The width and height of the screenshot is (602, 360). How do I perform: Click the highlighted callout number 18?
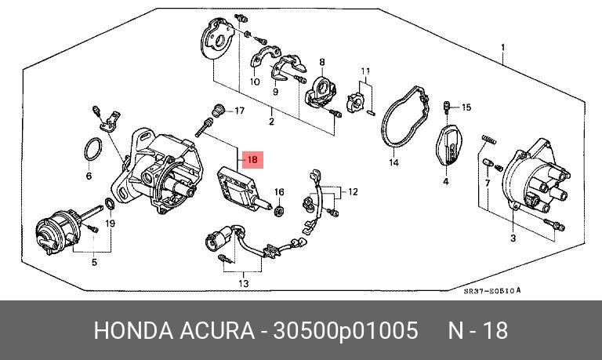click(x=252, y=160)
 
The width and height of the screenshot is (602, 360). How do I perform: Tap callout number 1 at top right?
click(x=502, y=46)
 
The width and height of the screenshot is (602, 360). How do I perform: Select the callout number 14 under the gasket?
click(x=393, y=163)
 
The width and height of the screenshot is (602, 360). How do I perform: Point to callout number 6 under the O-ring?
click(x=89, y=176)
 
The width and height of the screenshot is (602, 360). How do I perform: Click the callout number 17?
click(x=240, y=111)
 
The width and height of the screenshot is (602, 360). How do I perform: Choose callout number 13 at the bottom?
click(x=243, y=283)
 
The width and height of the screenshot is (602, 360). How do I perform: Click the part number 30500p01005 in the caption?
click(x=344, y=330)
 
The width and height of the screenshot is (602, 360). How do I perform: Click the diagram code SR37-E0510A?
click(x=492, y=290)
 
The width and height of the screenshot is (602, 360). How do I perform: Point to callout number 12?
click(x=353, y=191)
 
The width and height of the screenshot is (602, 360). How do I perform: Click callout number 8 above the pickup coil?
click(x=321, y=62)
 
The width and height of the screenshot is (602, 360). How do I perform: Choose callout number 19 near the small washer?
click(x=111, y=223)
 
